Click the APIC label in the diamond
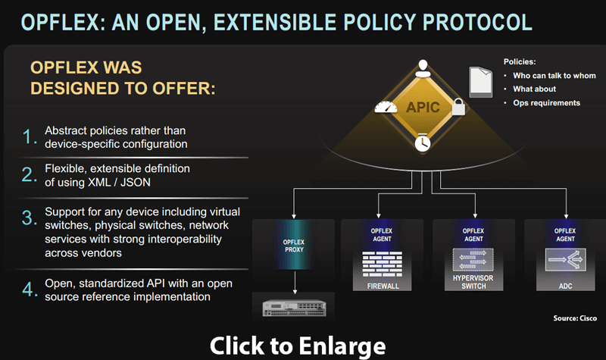(423, 108)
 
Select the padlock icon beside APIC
(458, 108)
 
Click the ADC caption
(565, 287)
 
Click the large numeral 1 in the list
(29, 137)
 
